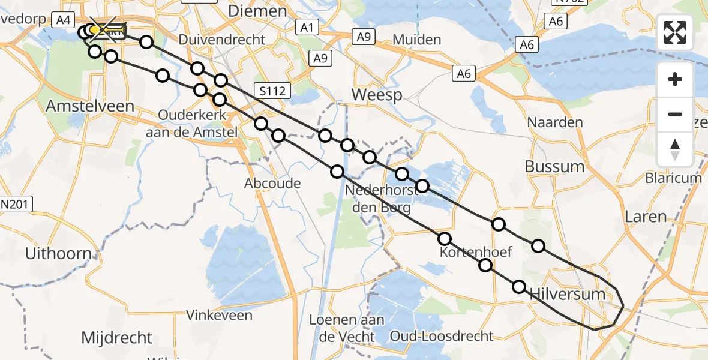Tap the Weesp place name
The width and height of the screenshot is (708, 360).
click(376, 94)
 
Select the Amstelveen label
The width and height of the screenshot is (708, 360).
click(82, 106)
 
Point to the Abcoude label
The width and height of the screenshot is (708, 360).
click(272, 183)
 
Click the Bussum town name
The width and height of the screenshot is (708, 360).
click(554, 166)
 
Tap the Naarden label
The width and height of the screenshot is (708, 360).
click(554, 122)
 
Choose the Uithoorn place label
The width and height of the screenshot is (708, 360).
click(58, 253)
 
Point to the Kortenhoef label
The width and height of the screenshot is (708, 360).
click(476, 252)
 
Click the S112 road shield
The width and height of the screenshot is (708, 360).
click(272, 91)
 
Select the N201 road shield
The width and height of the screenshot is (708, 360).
click(16, 204)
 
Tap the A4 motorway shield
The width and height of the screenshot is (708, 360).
click(62, 21)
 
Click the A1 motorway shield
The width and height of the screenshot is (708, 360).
click(306, 27)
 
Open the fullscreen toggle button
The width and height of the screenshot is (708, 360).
click(675, 32)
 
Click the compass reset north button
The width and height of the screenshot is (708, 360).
click(675, 149)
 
